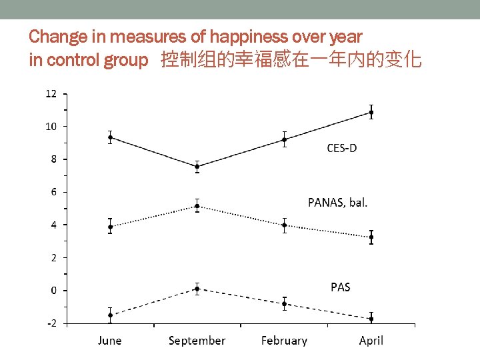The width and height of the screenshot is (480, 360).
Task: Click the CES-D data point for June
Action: coord(110,137)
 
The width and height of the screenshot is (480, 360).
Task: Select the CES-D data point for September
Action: coord(197,167)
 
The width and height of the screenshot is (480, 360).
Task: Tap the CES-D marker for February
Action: coord(285,139)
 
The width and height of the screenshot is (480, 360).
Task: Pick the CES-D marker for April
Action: coord(371,113)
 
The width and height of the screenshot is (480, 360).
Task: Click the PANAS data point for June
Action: coord(110,227)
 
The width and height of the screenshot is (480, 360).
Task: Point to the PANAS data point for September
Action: coord(197,206)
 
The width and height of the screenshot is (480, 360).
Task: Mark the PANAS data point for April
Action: coord(371,237)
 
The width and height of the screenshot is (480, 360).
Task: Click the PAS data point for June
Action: coord(110,315)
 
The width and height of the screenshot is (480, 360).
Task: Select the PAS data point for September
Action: coord(197,289)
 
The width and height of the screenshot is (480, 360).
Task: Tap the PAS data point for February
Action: coord(285,304)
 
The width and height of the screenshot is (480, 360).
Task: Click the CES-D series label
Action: coord(341,148)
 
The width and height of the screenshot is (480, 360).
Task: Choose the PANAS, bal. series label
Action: coord(337,203)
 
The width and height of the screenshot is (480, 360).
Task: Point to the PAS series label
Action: coord(340,287)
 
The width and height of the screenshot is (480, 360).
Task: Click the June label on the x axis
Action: coord(110,341)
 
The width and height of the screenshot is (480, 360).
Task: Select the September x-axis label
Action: coord(197,341)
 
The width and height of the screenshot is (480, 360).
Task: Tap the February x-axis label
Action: coord(285,341)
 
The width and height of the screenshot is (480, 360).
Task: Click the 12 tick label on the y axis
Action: coord(51,94)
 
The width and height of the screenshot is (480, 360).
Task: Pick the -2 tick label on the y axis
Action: coord(51,323)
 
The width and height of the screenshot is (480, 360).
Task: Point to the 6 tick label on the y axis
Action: coord(54,192)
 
